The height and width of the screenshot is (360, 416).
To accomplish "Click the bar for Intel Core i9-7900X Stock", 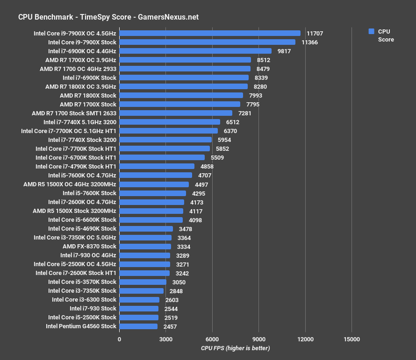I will click(207, 42).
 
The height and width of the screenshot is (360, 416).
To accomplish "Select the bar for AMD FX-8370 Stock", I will click(145, 247).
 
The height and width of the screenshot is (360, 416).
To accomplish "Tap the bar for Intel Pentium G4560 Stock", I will click(138, 326).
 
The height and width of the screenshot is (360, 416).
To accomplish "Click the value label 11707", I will click(315, 34).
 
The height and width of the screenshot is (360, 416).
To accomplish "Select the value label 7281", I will click(245, 113).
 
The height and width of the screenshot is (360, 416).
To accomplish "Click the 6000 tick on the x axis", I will click(212, 339).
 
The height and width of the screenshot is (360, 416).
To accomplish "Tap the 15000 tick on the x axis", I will click(351, 339).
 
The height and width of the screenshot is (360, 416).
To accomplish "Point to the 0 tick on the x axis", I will click(119, 339).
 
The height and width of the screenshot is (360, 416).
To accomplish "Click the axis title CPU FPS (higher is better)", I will click(235, 348).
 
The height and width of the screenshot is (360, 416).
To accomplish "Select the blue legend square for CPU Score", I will click(371, 31).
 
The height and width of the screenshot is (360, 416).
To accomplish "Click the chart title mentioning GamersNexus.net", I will click(108, 17).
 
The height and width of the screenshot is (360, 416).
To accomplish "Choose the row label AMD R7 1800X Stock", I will click(88, 96).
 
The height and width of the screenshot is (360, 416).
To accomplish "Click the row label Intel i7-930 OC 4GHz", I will click(88, 255).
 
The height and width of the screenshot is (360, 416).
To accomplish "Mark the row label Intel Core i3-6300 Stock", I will click(84, 300).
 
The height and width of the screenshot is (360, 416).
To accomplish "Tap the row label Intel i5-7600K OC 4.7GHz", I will click(82, 176).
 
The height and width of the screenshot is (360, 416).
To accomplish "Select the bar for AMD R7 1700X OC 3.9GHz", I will click(185, 60).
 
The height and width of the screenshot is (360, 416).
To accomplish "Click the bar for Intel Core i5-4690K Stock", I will click(146, 229).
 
